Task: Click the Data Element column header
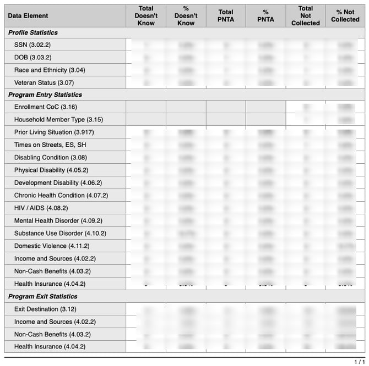pos(28,16)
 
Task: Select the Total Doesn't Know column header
pos(146,16)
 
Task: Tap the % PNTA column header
pos(265,16)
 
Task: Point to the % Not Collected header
pos(345,16)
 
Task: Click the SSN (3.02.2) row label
pos(32,45)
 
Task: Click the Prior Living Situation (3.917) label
pos(51,132)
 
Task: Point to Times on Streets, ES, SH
pos(50,145)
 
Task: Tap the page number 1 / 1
pos(359,361)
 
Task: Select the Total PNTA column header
pos(226,16)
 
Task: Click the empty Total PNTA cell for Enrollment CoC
pos(226,107)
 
